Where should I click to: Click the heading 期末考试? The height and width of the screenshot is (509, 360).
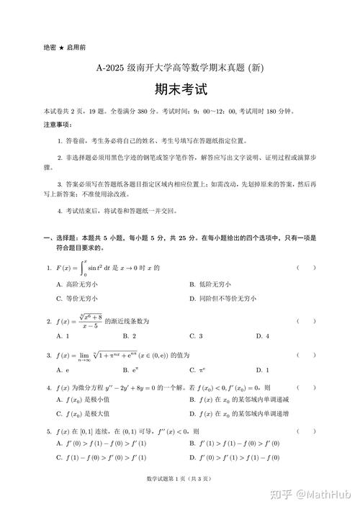tap(180, 89)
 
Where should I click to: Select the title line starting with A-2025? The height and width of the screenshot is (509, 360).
tap(180, 69)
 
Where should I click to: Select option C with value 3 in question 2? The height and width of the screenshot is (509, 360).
tap(196, 335)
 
